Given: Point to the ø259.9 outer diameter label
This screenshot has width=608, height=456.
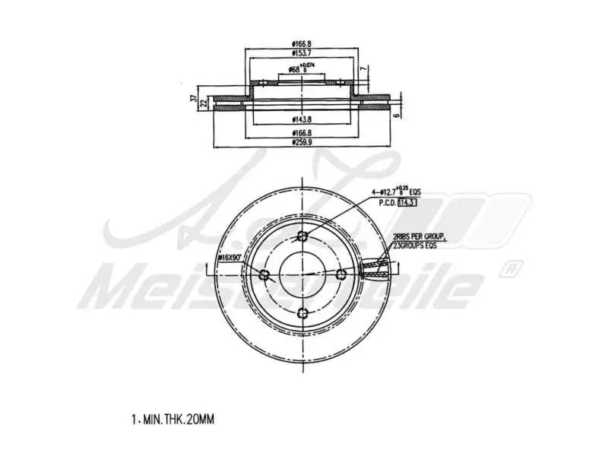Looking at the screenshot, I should [303, 142].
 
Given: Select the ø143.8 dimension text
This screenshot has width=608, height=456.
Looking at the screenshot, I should [303, 119].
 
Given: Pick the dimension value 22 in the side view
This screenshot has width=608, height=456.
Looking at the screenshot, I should [203, 103].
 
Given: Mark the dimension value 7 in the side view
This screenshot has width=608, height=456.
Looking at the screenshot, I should [364, 70].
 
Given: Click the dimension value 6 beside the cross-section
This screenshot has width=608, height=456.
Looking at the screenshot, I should [396, 116].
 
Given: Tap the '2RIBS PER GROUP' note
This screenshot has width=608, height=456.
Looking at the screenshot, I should [419, 236].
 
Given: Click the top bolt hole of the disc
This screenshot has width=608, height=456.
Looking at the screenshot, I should [302, 236].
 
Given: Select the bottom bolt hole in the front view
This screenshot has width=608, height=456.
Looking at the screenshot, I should [302, 312].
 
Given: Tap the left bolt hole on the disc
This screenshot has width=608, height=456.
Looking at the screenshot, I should [264, 274].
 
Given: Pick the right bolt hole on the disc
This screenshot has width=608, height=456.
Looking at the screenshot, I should [340, 274].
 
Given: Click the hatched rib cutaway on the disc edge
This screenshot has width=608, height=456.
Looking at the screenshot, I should [376, 266].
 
